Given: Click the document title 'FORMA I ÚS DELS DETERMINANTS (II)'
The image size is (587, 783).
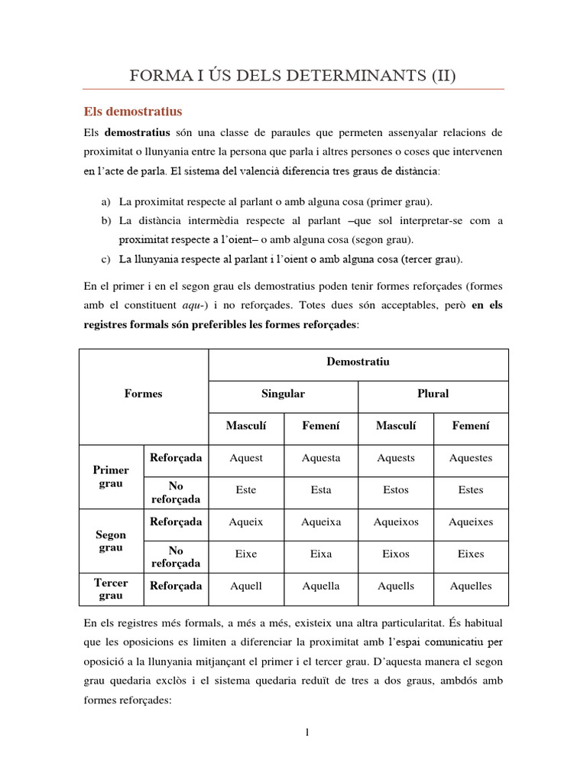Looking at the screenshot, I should click(x=293, y=75).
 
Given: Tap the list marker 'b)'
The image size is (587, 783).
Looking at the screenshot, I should click(x=105, y=220).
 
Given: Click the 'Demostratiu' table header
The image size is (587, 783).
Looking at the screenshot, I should click(x=358, y=362).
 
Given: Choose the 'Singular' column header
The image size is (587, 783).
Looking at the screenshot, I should click(x=283, y=394).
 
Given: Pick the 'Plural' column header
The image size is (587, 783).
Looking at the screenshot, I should click(x=433, y=394).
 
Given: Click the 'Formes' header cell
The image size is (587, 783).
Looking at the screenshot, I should click(x=143, y=394).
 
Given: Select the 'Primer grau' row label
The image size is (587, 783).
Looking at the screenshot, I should click(x=111, y=476).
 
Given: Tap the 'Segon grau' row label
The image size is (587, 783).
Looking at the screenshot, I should click(x=111, y=541).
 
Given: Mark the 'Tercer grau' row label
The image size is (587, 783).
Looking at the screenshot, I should click(x=111, y=589).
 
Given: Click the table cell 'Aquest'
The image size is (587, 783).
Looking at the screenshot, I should click(x=246, y=458).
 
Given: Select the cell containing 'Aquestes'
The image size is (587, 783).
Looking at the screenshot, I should click(x=471, y=458).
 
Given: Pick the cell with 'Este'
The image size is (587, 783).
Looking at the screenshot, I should click(x=246, y=490).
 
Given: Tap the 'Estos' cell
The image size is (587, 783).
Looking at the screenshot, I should click(x=395, y=490).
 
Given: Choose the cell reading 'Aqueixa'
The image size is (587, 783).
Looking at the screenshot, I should click(x=321, y=522).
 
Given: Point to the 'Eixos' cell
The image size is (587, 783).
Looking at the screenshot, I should click(x=395, y=554).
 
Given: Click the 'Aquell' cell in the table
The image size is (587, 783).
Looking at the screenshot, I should click(x=246, y=586).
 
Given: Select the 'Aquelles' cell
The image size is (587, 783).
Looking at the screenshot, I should click(x=471, y=586).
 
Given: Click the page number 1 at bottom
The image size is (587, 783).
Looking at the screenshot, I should click(x=307, y=733).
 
